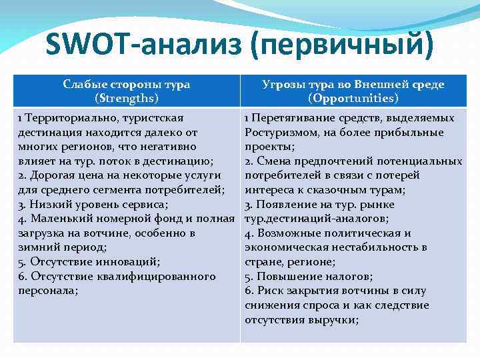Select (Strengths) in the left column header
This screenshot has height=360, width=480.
tap(127, 98)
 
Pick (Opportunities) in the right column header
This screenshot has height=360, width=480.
tap(353, 98)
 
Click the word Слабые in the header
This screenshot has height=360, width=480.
tap(85, 84)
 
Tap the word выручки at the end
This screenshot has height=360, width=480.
tap(334, 319)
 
